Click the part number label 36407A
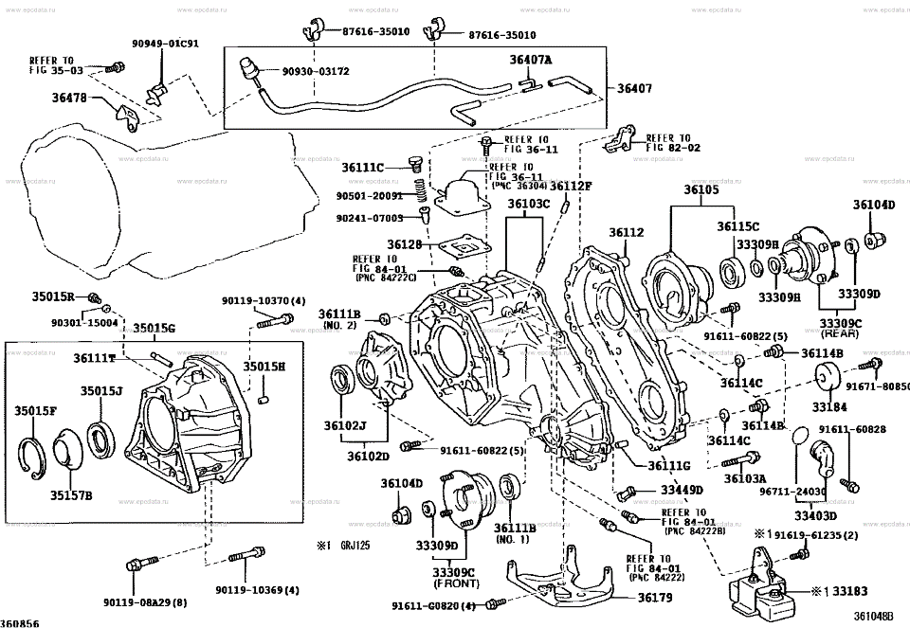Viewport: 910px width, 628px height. tap(531, 61)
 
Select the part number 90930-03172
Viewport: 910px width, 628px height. tap(317, 71)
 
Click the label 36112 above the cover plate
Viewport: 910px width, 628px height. tap(626, 232)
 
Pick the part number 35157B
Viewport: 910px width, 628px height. tap(72, 494)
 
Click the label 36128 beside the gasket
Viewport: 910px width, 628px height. tap(404, 244)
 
